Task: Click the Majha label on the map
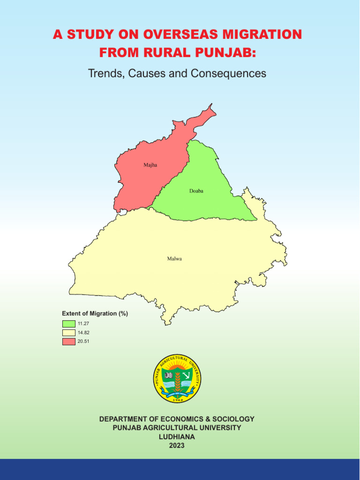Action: pyautogui.click(x=150, y=165)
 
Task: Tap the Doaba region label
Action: pyautogui.click(x=196, y=191)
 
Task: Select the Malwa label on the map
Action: pyautogui.click(x=174, y=258)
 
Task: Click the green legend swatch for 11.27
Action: pyautogui.click(x=69, y=323)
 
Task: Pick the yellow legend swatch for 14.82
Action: pyautogui.click(x=69, y=332)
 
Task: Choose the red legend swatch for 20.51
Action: pyautogui.click(x=69, y=341)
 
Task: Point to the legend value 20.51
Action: pyautogui.click(x=83, y=341)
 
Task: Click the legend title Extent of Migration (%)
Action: pyautogui.click(x=95, y=313)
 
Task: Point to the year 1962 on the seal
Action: pyautogui.click(x=178, y=399)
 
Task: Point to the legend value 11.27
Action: pyautogui.click(x=83, y=323)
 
